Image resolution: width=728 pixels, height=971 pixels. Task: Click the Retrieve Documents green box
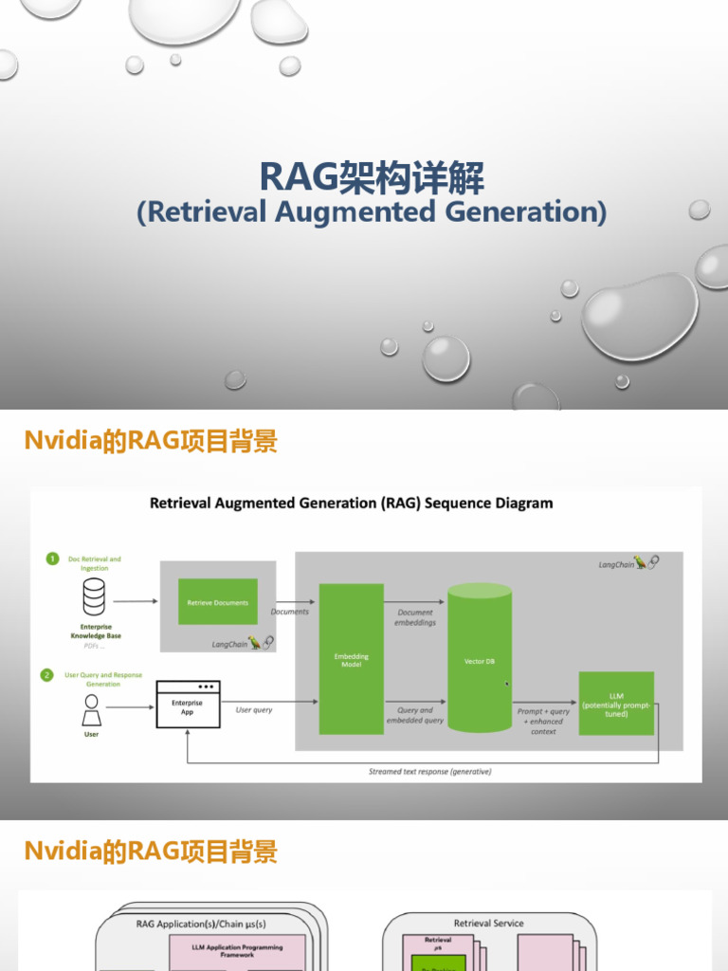[x=218, y=602]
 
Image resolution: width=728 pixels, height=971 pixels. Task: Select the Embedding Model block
[x=352, y=659]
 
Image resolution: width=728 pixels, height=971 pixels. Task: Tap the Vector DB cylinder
[x=480, y=660]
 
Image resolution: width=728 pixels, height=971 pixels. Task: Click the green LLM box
[x=616, y=704]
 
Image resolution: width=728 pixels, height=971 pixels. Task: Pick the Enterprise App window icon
[x=188, y=704]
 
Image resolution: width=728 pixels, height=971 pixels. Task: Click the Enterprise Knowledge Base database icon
[x=94, y=597]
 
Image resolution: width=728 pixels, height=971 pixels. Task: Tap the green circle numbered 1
[x=52, y=559]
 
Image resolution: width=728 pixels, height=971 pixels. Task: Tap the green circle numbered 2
[x=46, y=675]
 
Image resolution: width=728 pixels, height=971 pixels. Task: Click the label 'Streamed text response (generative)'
[x=429, y=772]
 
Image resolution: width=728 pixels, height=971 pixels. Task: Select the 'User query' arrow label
[x=254, y=709]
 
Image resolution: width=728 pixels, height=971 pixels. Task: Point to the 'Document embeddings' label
[x=415, y=617]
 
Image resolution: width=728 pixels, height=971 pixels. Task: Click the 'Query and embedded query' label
[x=415, y=715]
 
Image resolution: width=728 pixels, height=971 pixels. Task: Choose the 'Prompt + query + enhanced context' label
[x=544, y=721]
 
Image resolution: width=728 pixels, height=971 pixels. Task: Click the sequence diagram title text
[x=351, y=504]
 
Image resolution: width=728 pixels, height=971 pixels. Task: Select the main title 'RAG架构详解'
[x=372, y=177]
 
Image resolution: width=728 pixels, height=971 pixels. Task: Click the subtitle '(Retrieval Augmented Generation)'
[x=372, y=211]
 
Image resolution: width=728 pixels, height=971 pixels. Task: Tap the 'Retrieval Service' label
[x=488, y=923]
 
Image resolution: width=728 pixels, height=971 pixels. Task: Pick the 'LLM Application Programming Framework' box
[x=237, y=951]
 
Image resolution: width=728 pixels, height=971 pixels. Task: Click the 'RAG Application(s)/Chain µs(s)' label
[x=201, y=923]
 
